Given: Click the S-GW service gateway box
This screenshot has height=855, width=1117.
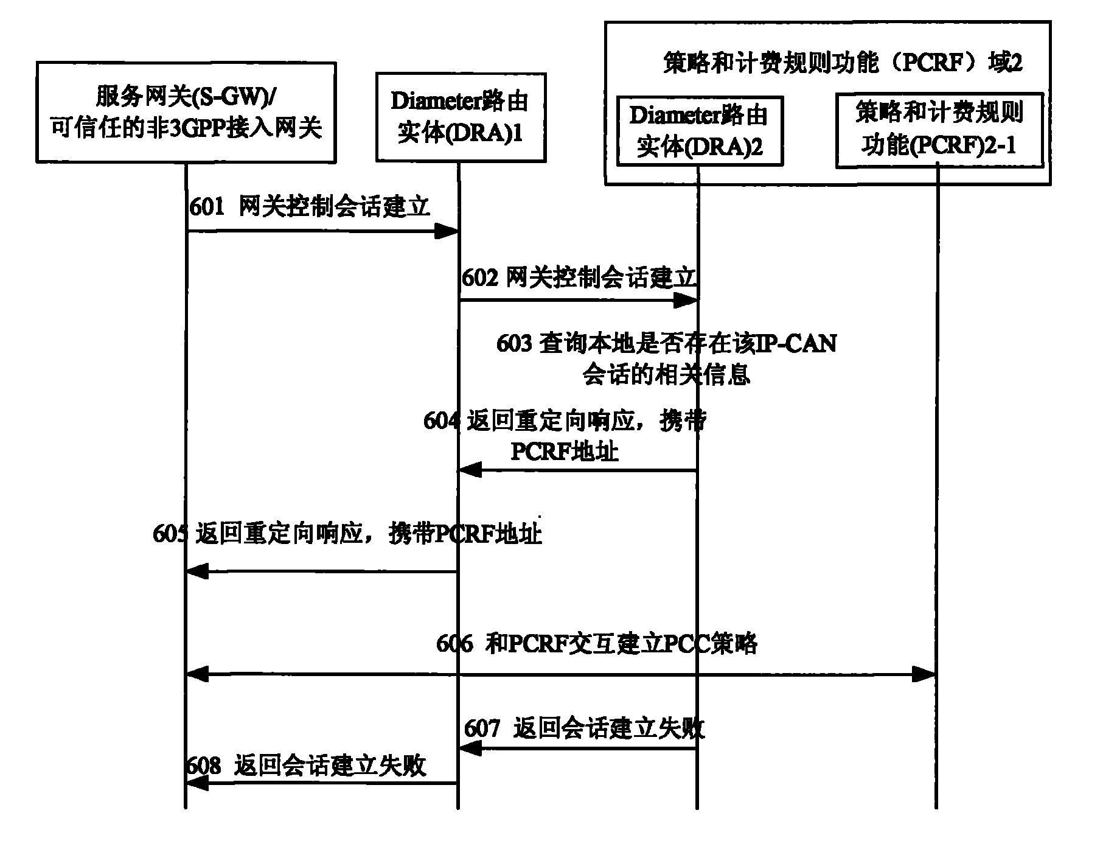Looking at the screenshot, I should (186, 113).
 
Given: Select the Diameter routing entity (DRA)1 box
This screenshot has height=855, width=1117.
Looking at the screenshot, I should (460, 117).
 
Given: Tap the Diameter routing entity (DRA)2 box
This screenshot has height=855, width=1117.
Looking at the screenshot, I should (699, 131).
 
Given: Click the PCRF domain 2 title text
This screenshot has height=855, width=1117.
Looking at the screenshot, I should (842, 63).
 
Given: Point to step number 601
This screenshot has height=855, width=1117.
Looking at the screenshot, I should (207, 208).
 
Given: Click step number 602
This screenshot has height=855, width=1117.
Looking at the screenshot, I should (480, 278).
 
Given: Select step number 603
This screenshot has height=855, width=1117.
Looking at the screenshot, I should (514, 344).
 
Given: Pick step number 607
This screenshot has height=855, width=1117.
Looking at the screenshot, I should (482, 728).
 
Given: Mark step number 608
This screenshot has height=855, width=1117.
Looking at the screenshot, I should (204, 765).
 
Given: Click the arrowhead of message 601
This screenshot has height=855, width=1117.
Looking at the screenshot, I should (447, 231).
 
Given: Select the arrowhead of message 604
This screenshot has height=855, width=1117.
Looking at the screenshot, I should (470, 470).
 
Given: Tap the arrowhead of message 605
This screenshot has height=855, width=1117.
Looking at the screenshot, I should (197, 571).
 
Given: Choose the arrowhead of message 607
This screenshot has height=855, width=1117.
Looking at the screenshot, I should (470, 749).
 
